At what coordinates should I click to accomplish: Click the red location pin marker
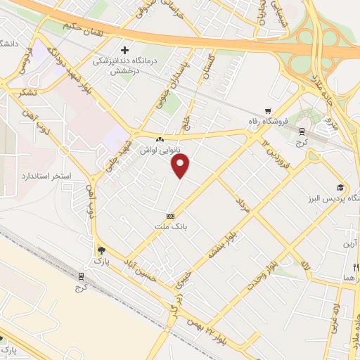pos(181,166)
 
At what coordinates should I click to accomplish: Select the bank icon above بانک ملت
pos(169,216)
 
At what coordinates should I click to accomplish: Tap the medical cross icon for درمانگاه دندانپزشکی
pos(125,51)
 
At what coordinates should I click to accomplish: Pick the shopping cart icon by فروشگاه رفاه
pos(268,110)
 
